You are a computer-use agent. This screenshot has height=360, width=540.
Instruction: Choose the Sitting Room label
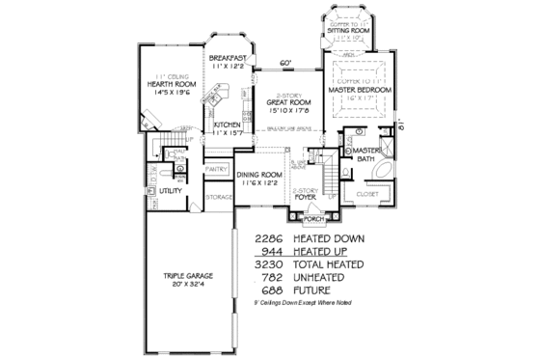(348, 31)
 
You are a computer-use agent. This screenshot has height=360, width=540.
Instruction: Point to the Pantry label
(216, 169)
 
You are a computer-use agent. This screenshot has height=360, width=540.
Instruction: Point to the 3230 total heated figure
(273, 263)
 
